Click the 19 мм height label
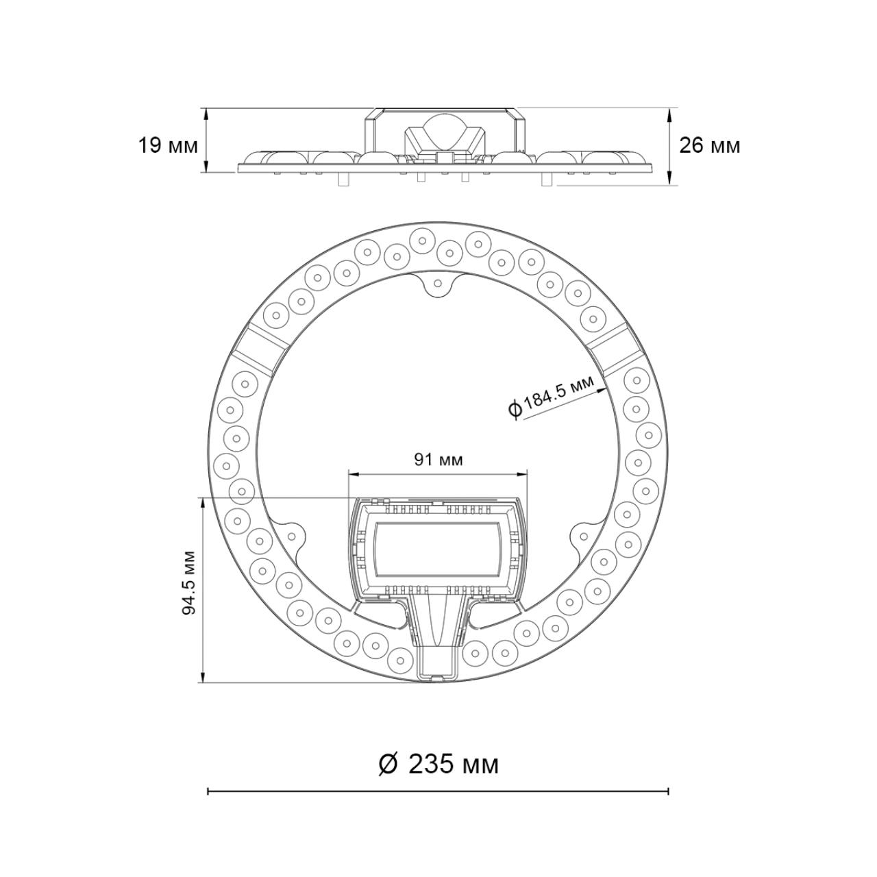tap(168, 146)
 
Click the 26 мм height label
tap(710, 146)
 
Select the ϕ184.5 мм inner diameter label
tap(552, 397)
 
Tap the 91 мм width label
tap(438, 459)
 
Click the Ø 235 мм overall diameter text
tap(438, 764)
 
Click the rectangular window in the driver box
tap(438, 548)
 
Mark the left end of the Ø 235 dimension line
tap(208, 792)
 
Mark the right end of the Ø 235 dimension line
tap(668, 792)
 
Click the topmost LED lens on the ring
tap(421, 240)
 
